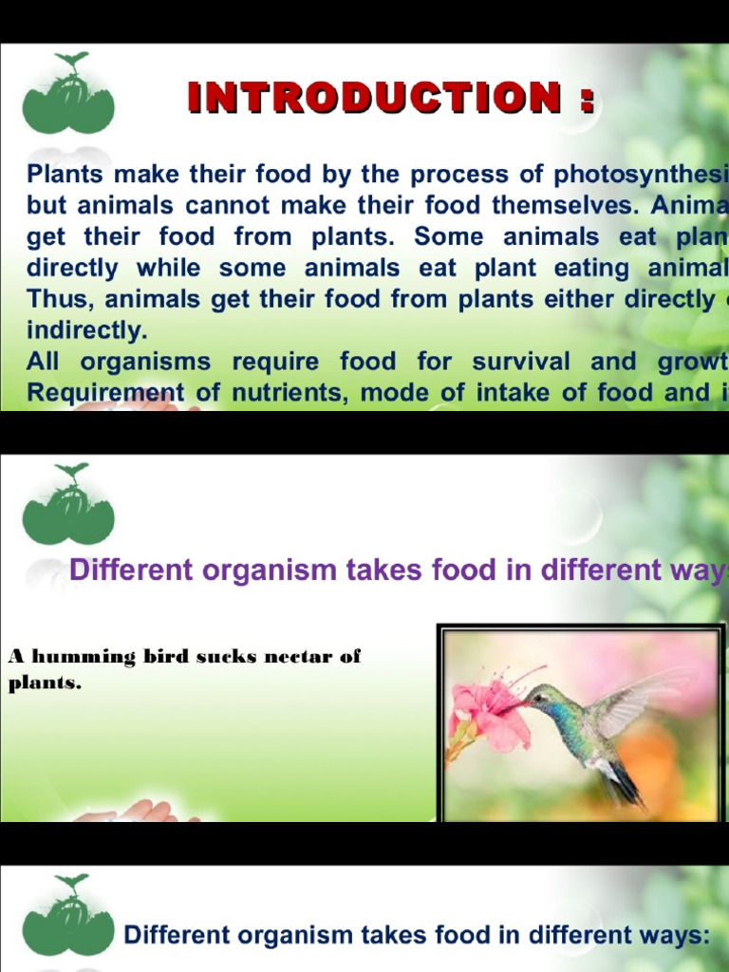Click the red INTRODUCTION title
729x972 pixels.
click(391, 98)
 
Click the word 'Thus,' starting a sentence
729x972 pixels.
click(61, 300)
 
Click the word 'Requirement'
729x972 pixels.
click(92, 393)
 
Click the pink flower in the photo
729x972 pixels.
click(489, 712)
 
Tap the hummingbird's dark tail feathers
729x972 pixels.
click(622, 787)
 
